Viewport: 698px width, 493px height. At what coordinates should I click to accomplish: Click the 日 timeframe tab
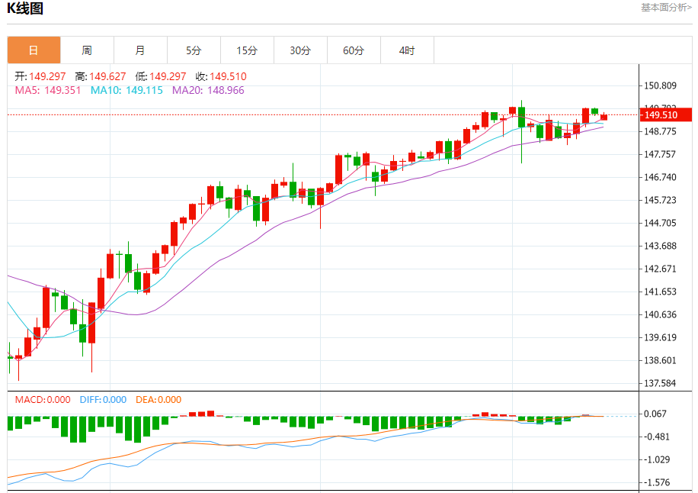coord(34,50)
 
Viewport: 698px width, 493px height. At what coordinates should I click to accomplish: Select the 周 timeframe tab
coord(87,50)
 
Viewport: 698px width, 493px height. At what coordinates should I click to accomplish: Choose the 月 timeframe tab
coord(140,50)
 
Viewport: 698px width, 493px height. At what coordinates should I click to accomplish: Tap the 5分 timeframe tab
coord(194,50)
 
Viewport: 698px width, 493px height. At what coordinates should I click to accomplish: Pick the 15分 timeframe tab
coord(247,50)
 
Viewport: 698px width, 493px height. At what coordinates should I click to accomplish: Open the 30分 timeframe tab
coord(300,50)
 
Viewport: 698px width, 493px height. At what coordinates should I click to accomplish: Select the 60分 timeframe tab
coord(354,50)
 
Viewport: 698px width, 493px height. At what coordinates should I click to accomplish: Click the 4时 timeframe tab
coord(407,50)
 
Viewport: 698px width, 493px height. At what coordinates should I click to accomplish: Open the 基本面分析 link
coord(666,8)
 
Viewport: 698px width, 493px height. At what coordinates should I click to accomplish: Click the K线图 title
coord(25,9)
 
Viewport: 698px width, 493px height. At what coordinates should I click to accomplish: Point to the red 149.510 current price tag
coord(665,115)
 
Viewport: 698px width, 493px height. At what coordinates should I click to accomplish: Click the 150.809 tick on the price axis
coord(660,85)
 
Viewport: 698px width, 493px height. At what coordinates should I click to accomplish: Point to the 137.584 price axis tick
coord(660,383)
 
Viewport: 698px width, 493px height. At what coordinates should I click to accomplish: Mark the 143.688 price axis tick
coord(660,246)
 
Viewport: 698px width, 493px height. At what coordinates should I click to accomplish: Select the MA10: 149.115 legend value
coord(126,90)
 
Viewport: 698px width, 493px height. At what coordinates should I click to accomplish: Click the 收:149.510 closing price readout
coord(221,76)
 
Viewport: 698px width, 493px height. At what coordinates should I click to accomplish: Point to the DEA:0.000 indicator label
coord(158,399)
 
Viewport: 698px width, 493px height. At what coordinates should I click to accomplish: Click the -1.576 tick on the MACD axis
coord(656,482)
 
